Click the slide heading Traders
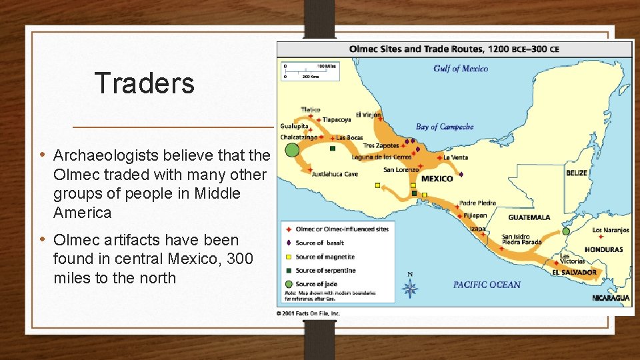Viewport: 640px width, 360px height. (145, 83)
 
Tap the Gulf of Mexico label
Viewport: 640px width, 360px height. (460, 68)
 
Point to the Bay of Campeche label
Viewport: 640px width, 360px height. (445, 127)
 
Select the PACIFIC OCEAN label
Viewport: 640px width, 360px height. (487, 285)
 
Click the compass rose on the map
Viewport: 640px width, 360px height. (411, 287)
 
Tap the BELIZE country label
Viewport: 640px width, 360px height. (577, 173)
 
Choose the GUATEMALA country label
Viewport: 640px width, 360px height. (529, 217)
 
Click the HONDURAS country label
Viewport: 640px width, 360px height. (603, 250)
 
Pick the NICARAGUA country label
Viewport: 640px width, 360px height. (611, 298)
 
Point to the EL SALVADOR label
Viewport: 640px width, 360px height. (574, 273)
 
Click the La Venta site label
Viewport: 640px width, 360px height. (455, 157)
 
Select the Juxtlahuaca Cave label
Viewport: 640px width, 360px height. (335, 174)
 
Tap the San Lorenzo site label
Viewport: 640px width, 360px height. (401, 169)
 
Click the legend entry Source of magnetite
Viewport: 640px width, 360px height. (325, 257)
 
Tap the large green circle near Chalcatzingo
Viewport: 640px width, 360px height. (292, 150)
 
